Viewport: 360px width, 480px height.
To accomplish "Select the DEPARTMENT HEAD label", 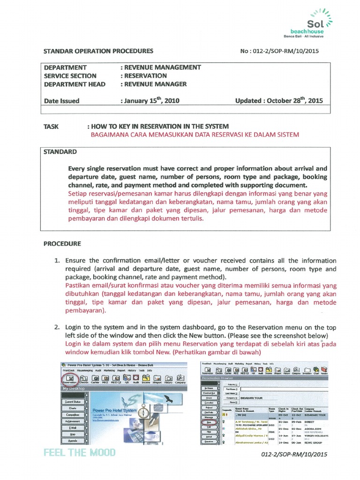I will point(75,84).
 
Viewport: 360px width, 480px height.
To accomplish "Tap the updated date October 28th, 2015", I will point(279,100).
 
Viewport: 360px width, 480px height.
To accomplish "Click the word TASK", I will point(51,126).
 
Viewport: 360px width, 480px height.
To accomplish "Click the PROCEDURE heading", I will point(62,244).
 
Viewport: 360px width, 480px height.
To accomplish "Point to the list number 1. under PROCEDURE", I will point(57,261).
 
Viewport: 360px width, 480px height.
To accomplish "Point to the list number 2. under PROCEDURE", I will point(57,326).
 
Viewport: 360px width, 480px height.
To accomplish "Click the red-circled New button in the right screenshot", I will point(208,422).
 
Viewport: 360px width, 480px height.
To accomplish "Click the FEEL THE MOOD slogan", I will point(79,453).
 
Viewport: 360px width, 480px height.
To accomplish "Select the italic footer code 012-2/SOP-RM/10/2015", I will point(291,455).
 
